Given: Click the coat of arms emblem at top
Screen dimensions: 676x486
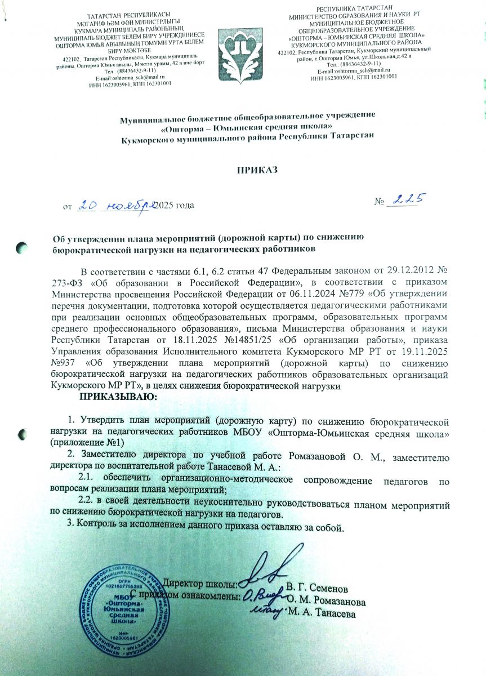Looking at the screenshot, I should [242, 50].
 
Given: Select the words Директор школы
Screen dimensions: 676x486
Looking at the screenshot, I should [200, 583].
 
